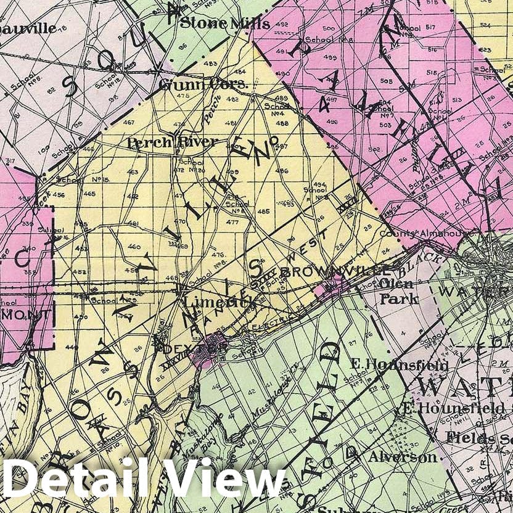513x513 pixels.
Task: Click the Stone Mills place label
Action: [224, 24]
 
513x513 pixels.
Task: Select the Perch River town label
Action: [172, 142]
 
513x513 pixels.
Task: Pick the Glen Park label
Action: [400, 292]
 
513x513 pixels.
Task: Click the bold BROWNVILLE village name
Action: [335, 271]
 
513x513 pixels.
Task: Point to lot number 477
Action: [232, 222]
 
